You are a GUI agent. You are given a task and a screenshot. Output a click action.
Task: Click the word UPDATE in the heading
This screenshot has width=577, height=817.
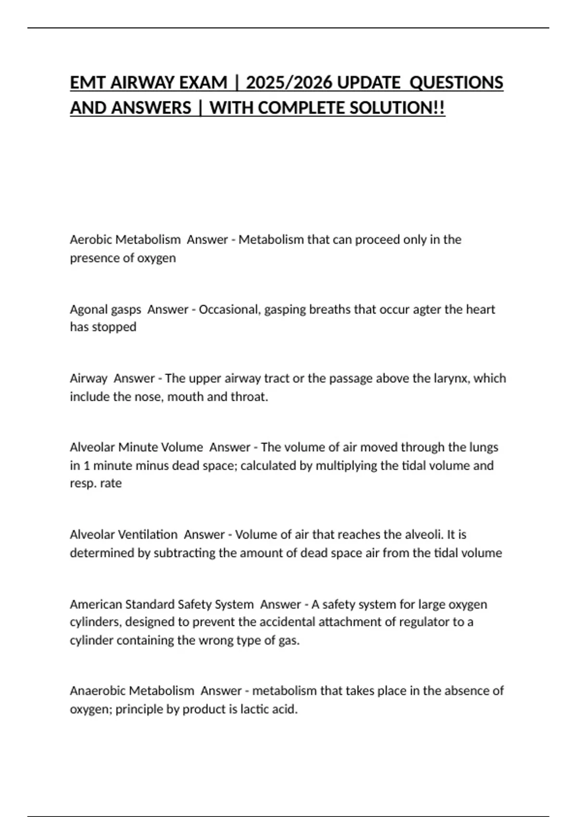pyautogui.click(x=368, y=83)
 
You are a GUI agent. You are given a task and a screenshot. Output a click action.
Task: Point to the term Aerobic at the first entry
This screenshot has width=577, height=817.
pyautogui.click(x=91, y=239)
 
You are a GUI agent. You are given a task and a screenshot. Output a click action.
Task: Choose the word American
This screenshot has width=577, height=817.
pyautogui.click(x=96, y=604)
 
